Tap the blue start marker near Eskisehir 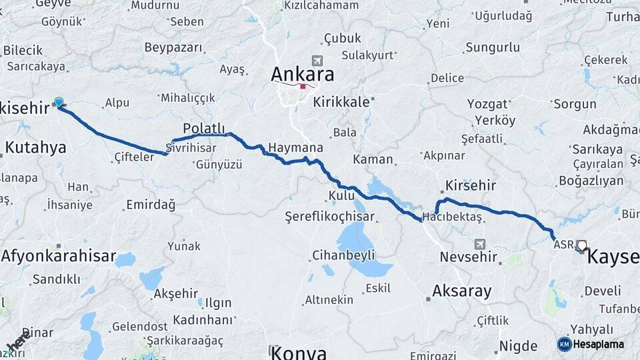[59, 102]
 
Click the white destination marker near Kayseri [582, 245]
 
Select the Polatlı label [203, 128]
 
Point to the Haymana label [295, 147]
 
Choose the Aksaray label [461, 291]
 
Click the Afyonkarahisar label [59, 255]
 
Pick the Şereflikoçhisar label [329, 217]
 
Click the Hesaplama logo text [599, 344]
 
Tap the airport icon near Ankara [315, 61]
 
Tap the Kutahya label [35, 147]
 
